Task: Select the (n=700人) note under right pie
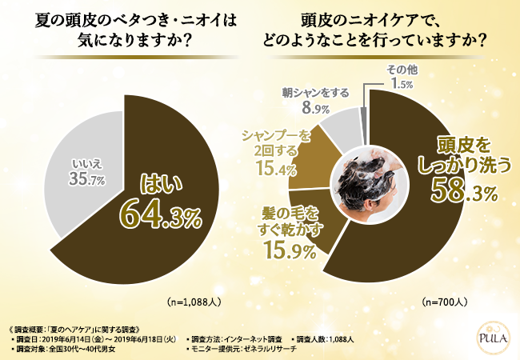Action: [445, 303]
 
